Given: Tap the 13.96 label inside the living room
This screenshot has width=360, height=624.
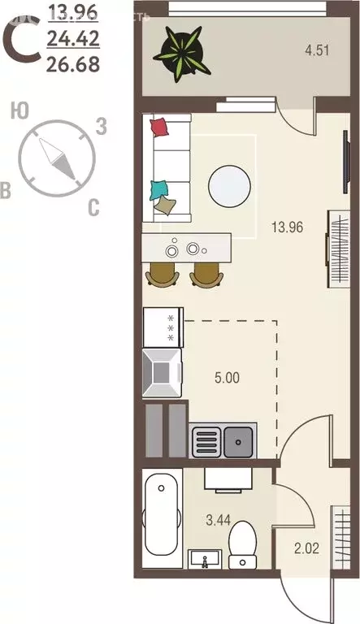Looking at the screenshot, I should click(x=286, y=227).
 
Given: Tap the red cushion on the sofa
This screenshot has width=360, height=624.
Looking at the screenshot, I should click(x=160, y=127).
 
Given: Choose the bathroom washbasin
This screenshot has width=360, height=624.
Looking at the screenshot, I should click(x=207, y=559).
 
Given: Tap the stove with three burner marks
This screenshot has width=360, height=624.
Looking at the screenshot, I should click(x=163, y=327).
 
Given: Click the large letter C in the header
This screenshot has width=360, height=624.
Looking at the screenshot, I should click(x=22, y=38).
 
